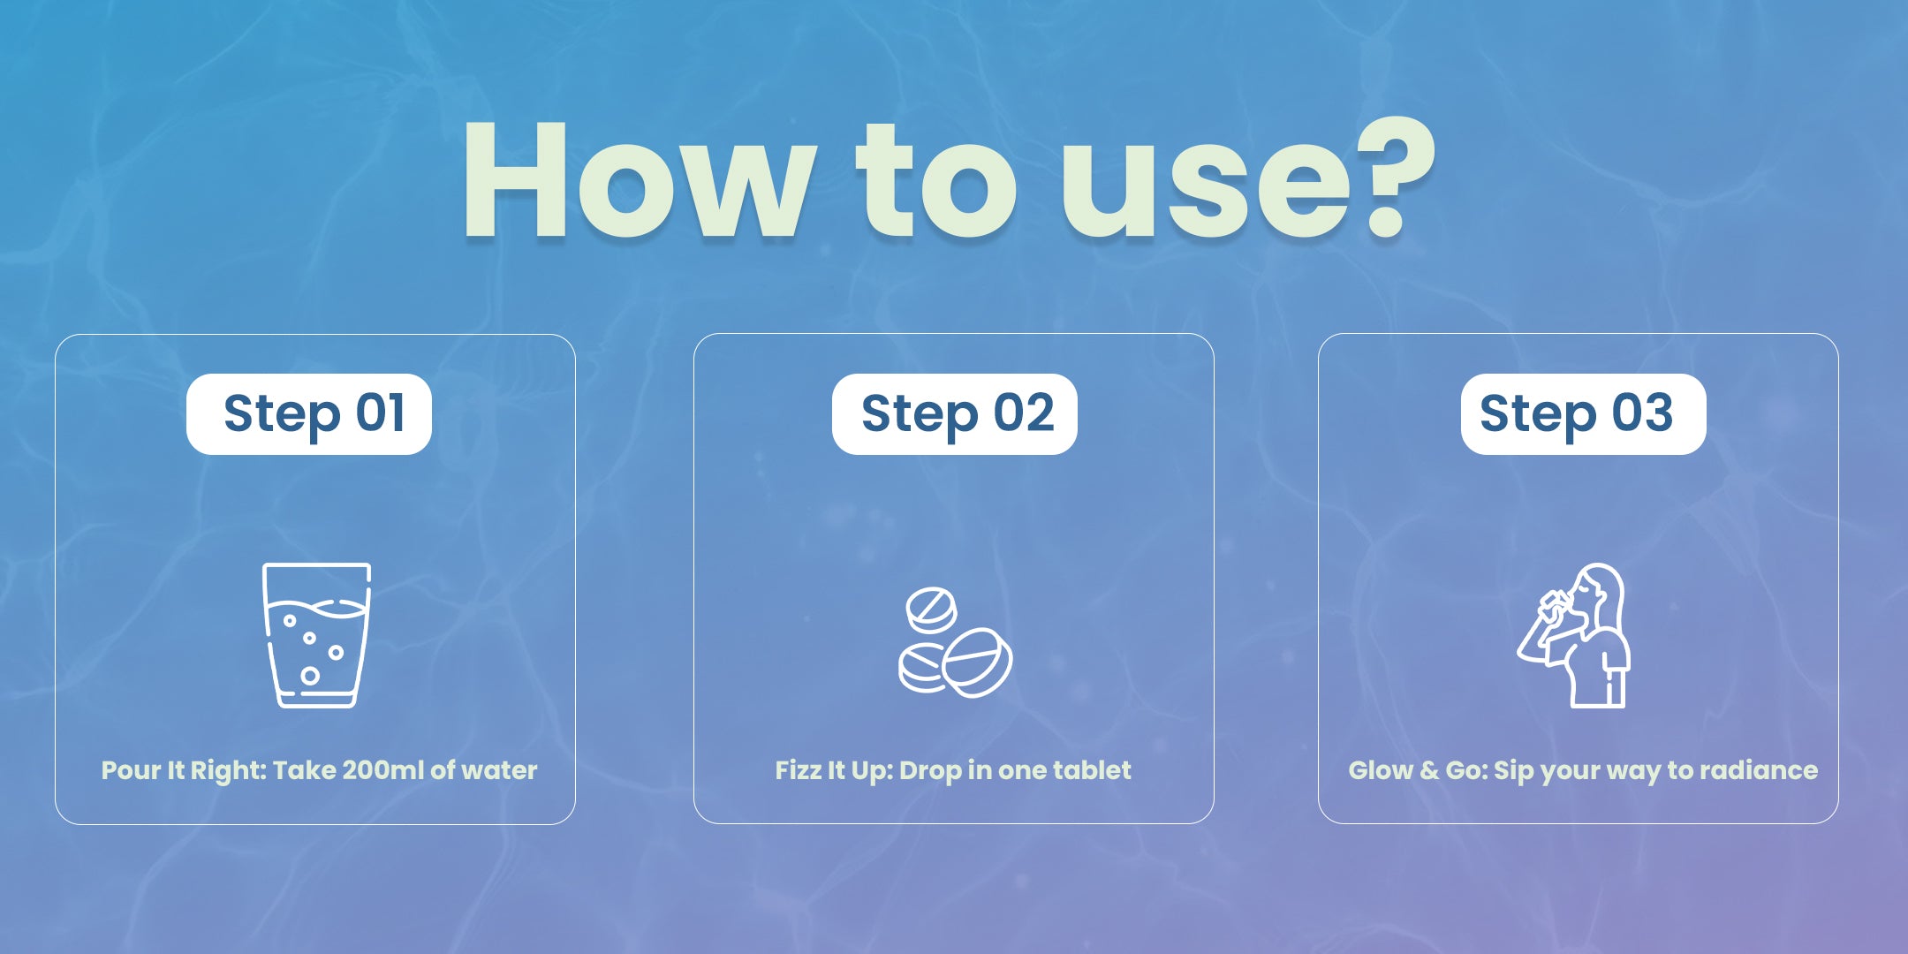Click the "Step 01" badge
point(309,413)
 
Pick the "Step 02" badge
point(955,413)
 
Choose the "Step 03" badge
point(1583,413)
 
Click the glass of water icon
point(316,635)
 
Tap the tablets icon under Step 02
point(955,642)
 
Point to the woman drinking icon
point(1574,635)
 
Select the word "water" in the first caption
point(499,771)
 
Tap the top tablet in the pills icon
point(931,610)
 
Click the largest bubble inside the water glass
point(310,676)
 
